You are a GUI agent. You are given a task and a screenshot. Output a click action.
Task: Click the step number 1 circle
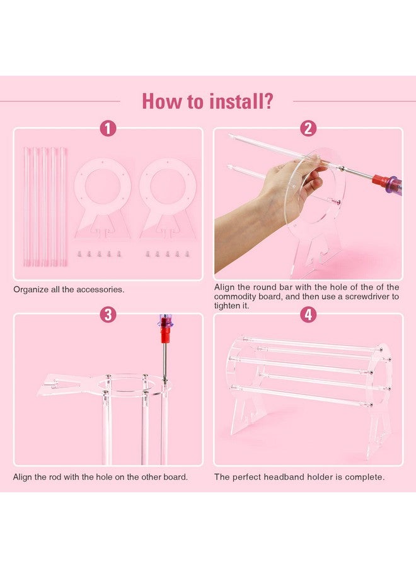click(x=108, y=129)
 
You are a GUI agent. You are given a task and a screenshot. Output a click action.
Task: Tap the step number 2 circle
click(x=308, y=129)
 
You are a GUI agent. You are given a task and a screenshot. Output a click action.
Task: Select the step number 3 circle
click(x=108, y=314)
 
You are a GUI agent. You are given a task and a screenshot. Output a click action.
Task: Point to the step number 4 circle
click(x=308, y=314)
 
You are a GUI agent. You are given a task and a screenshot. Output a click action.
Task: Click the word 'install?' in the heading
click(x=241, y=101)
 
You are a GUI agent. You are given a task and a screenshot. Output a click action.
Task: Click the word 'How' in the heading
click(x=163, y=101)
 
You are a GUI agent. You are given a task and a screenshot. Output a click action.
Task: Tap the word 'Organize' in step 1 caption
click(x=31, y=290)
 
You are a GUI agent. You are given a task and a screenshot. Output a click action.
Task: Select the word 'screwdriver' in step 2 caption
click(x=366, y=297)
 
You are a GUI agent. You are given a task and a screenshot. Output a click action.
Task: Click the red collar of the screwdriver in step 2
click(x=380, y=179)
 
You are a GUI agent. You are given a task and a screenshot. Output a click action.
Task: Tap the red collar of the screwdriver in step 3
click(x=165, y=335)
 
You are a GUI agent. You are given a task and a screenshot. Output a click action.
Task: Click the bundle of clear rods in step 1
click(x=45, y=206)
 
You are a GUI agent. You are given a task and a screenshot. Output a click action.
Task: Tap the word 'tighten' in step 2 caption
click(x=226, y=305)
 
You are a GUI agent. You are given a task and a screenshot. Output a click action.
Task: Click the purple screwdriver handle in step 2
click(x=395, y=184)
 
